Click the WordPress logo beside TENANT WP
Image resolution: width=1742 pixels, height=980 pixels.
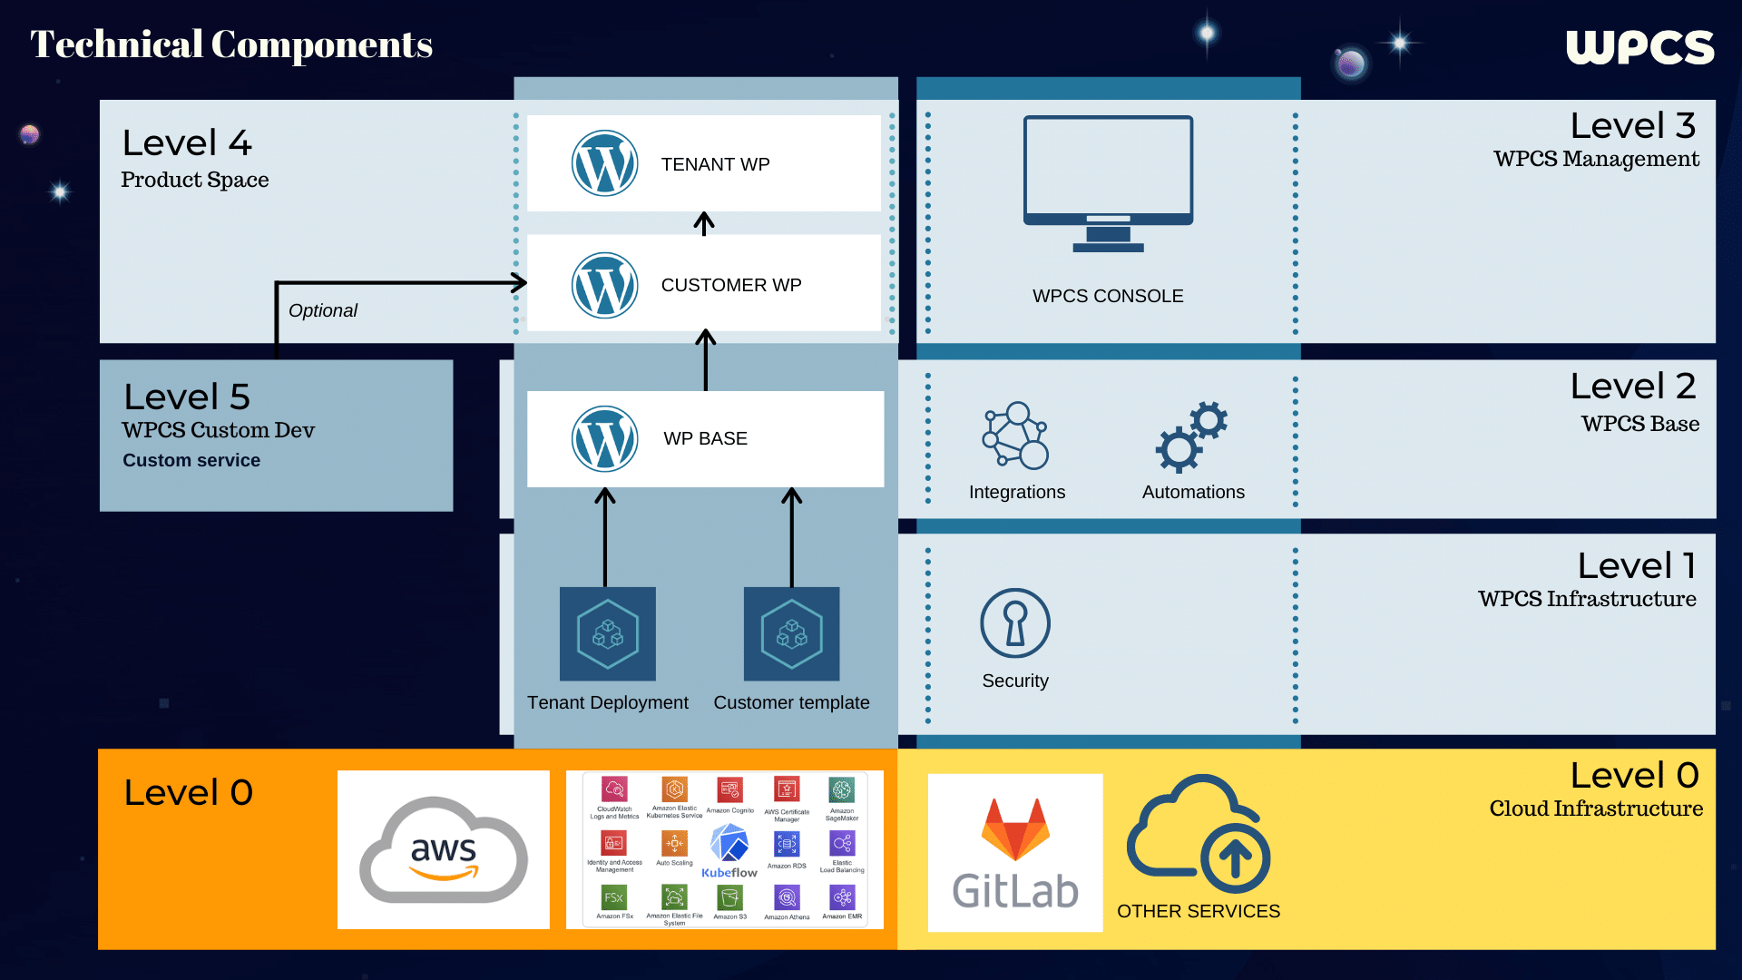(604, 163)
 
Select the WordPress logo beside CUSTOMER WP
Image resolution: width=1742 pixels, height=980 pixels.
(604, 285)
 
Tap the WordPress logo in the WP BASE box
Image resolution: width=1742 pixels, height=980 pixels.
(604, 438)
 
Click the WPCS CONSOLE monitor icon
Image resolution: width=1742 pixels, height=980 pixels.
(1108, 182)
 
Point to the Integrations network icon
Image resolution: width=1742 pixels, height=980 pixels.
(1015, 436)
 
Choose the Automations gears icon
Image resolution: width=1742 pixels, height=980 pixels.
(1191, 436)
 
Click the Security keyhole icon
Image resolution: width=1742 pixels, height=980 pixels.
(1015, 623)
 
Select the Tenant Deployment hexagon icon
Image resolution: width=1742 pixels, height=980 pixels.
(607, 633)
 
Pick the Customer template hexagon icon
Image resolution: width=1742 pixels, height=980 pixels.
(791, 633)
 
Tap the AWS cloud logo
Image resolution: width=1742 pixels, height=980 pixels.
(444, 850)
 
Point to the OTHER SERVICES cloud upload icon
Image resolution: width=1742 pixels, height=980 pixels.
(1199, 834)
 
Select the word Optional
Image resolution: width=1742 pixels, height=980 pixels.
(323, 310)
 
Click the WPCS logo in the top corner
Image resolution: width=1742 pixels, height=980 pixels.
(1639, 47)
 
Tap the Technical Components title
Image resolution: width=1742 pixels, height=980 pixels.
(231, 44)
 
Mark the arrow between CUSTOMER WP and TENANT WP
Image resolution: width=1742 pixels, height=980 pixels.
(704, 223)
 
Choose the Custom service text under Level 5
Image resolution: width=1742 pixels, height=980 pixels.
(191, 460)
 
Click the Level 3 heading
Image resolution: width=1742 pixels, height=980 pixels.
(1632, 126)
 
